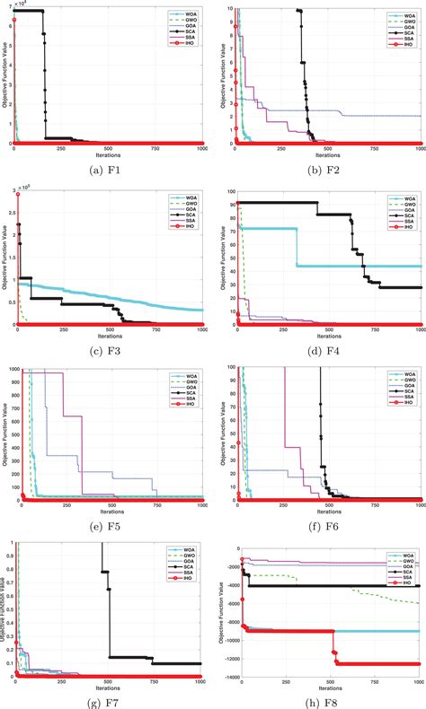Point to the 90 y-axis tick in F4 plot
[x=230, y=205]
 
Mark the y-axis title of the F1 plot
[x=4, y=76]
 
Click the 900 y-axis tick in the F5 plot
[x=7, y=381]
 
